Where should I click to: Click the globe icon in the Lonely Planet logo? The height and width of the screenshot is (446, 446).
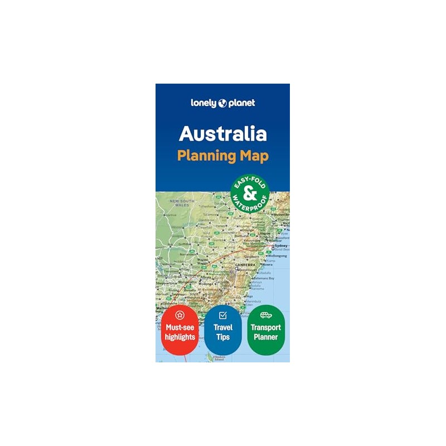click(223, 103)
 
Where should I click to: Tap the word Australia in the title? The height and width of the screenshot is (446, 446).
click(222, 134)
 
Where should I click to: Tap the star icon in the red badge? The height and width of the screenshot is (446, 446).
click(180, 315)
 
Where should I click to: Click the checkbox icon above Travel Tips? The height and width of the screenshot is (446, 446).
click(222, 315)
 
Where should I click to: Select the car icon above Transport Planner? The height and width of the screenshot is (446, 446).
click(265, 315)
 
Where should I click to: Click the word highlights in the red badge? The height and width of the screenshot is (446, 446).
click(180, 337)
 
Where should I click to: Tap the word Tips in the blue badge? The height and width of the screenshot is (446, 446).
click(223, 337)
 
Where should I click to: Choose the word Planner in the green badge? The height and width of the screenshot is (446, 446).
click(266, 337)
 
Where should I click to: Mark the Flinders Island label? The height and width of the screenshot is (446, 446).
click(219, 357)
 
